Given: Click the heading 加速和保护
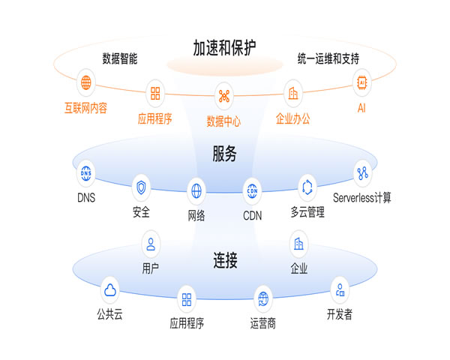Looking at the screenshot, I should click(x=224, y=49).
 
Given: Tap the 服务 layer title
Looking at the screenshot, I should click(x=224, y=155).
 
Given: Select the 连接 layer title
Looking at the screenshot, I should click(x=225, y=261).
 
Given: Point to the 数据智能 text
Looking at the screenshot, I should click(x=119, y=58).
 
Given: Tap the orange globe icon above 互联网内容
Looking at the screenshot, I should click(x=85, y=82).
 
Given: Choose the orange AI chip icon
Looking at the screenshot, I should click(x=364, y=82).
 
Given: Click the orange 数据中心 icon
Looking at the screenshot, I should click(x=223, y=96).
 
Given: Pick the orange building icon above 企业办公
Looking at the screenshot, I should click(x=292, y=94).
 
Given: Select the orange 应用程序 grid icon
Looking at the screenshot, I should click(x=155, y=94).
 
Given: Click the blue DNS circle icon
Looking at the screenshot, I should click(x=86, y=173).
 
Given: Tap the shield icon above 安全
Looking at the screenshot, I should click(x=141, y=187).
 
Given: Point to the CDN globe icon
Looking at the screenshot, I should click(x=252, y=191).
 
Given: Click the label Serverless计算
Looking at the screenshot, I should click(x=362, y=199).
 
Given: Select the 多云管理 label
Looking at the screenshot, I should click(x=307, y=212).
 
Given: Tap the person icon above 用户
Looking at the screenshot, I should click(x=151, y=243).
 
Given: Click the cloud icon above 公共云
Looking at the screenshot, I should click(x=109, y=289).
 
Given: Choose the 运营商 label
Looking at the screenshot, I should click(x=262, y=324).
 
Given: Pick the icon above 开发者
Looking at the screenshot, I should click(x=340, y=289).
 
